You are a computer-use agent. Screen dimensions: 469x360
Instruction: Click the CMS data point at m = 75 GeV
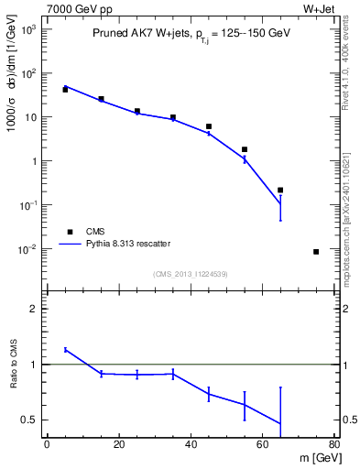(x=316, y=251)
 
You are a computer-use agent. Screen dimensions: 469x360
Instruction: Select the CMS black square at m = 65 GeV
(x=280, y=190)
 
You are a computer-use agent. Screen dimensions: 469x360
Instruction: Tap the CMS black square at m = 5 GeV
(x=65, y=90)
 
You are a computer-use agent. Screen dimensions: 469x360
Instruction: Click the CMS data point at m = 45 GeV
(x=209, y=126)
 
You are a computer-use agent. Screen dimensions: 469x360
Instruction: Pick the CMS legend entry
(x=96, y=232)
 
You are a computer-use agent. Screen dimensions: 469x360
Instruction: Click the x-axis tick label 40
(x=191, y=444)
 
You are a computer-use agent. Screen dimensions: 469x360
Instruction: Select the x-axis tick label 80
(x=334, y=444)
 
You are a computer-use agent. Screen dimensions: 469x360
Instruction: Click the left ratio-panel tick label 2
(x=35, y=310)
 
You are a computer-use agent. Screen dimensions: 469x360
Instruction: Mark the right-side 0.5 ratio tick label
(x=347, y=420)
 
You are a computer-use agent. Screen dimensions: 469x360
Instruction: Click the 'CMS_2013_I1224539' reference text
(x=191, y=272)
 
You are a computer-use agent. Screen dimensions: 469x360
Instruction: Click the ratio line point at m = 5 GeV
(x=65, y=349)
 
